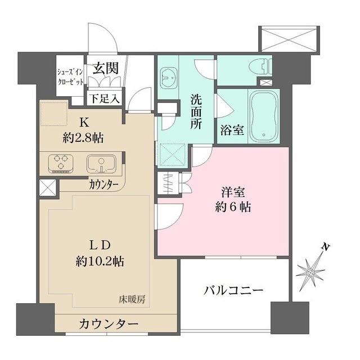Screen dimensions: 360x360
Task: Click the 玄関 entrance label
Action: click(x=105, y=69)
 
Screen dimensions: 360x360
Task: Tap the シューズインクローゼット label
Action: click(x=70, y=76)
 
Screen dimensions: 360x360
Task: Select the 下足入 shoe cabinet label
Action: click(x=105, y=98)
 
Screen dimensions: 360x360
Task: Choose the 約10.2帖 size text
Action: click(x=101, y=261)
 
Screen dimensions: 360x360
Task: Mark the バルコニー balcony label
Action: click(x=233, y=291)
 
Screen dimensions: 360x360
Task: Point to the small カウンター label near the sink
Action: click(x=103, y=184)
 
